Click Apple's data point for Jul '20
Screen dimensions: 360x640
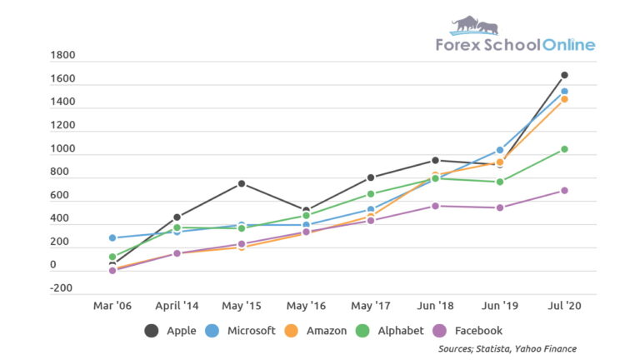pos(564,75)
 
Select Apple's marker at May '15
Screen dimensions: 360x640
pos(242,183)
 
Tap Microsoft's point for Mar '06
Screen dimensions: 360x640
pos(112,238)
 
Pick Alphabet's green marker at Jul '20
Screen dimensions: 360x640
pos(564,149)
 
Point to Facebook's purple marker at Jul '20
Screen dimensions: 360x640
pos(564,191)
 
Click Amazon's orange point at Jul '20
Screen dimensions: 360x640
pos(564,99)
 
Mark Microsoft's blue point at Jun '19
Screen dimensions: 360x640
pos(500,150)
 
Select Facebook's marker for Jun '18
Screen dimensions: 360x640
pos(435,206)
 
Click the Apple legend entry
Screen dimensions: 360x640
pos(171,331)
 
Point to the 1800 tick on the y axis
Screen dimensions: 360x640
pos(63,56)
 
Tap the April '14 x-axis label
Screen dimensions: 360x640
pos(177,306)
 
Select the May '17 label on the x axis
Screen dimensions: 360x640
pos(371,306)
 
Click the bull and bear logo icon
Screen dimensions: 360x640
pos(474,25)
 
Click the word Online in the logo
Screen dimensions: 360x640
pos(569,45)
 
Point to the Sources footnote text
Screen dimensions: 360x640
pos(507,348)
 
